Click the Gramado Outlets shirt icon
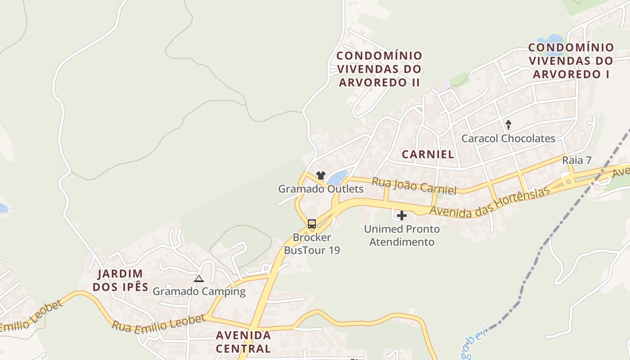click(320, 175)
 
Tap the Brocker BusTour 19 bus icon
click(311, 224)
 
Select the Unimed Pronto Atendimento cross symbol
click(401, 216)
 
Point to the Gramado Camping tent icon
click(199, 279)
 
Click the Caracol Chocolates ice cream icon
click(508, 125)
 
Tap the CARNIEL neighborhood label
click(428, 154)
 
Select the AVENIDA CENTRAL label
click(243, 342)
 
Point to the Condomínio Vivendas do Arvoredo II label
click(379, 69)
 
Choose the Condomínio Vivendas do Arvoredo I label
click(571, 61)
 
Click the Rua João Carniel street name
click(414, 186)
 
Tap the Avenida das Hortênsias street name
click(490, 202)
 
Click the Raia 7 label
click(576, 161)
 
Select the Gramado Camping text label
click(199, 292)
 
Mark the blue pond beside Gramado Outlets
click(338, 177)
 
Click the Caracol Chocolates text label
click(508, 139)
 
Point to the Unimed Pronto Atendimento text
click(401, 235)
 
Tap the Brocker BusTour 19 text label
click(312, 243)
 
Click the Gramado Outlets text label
click(320, 189)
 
